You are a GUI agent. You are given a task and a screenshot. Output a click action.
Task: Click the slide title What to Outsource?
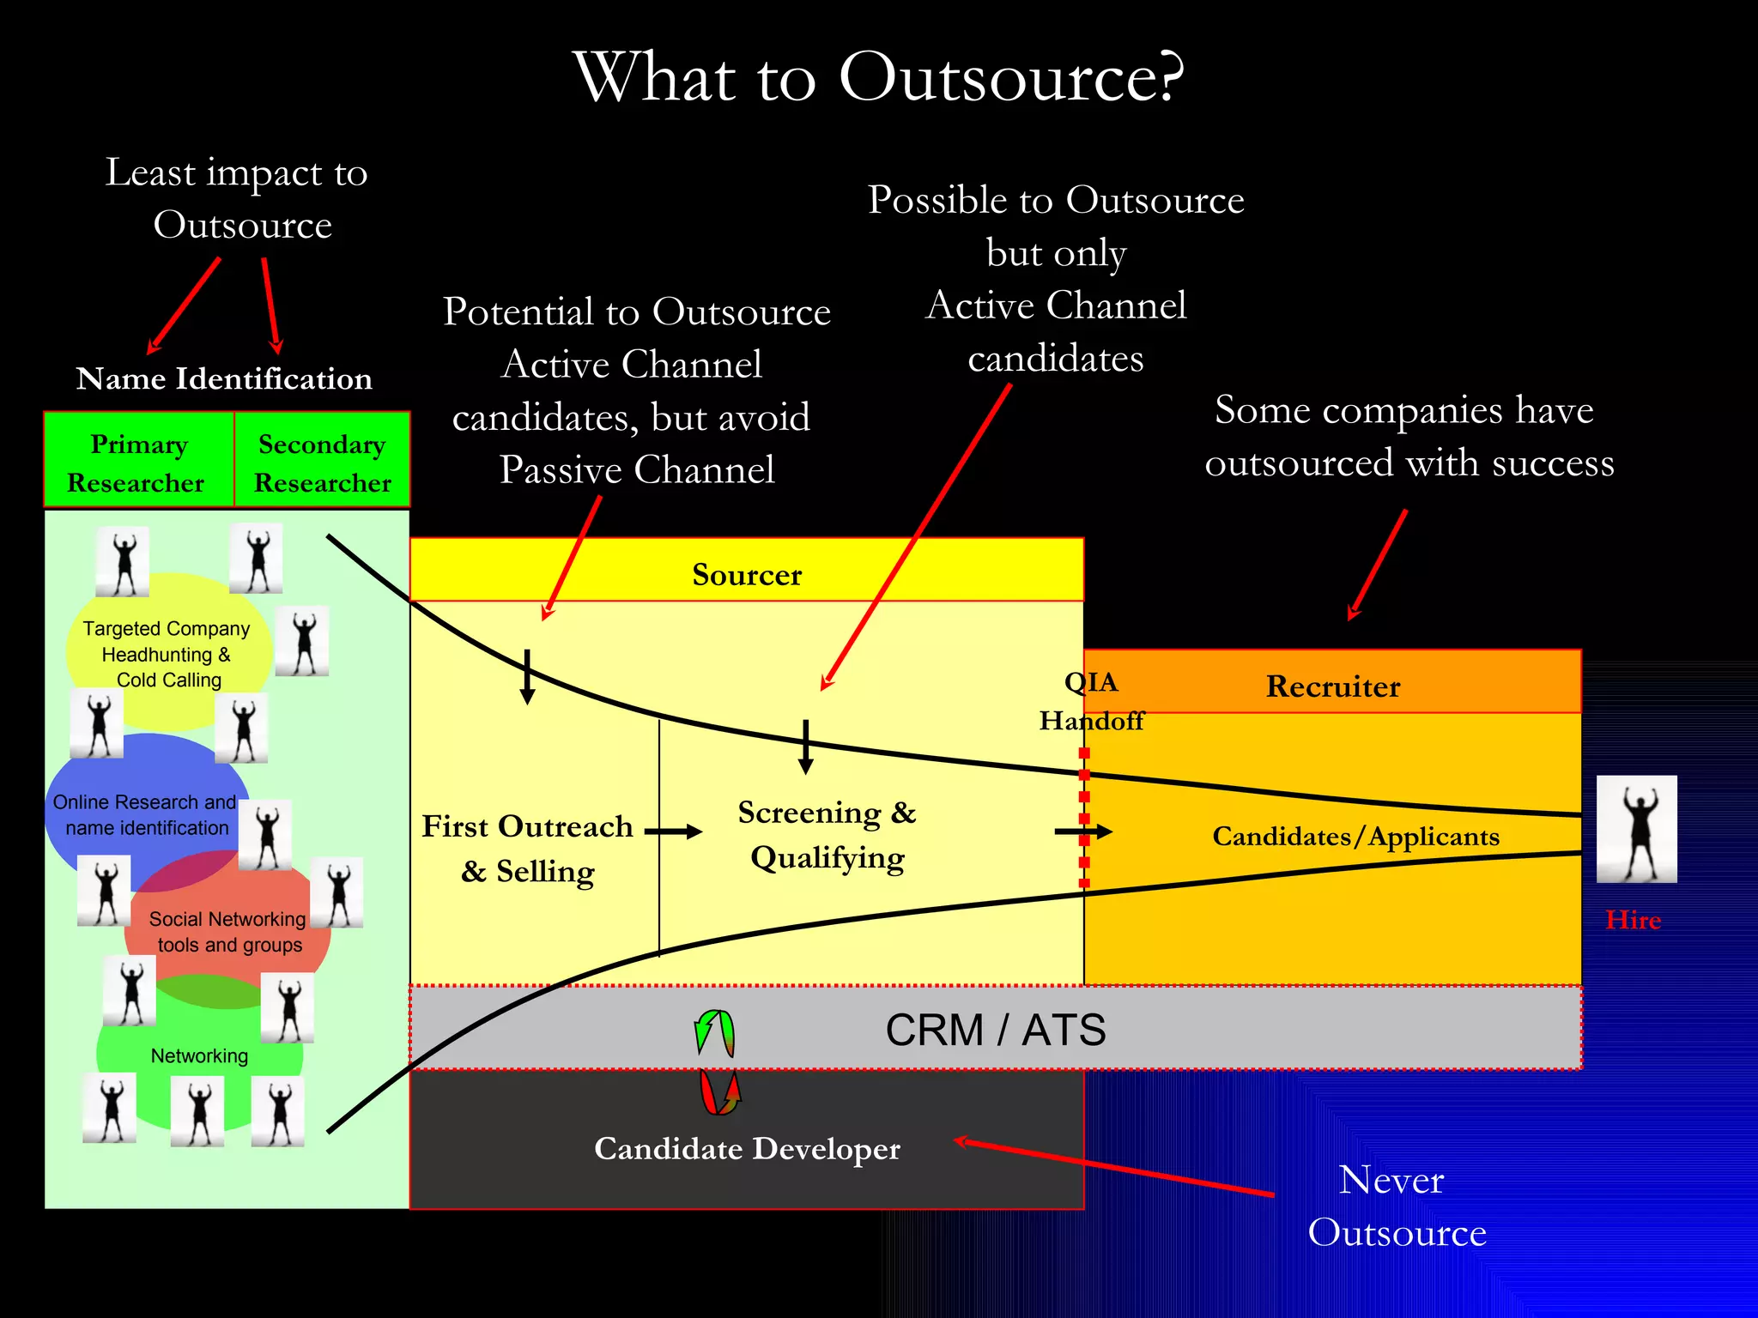click(x=879, y=77)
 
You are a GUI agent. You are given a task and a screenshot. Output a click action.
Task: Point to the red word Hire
click(x=1633, y=920)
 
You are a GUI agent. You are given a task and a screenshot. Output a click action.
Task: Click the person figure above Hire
click(x=1636, y=829)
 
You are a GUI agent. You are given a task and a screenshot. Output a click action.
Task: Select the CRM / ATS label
click(x=995, y=1030)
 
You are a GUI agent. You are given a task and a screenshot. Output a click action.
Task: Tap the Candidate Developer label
click(x=747, y=1148)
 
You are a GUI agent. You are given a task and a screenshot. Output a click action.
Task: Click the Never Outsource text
click(x=1396, y=1206)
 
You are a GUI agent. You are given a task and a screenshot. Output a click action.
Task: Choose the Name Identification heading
click(x=224, y=378)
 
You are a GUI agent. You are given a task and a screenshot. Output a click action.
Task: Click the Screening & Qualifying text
click(x=827, y=835)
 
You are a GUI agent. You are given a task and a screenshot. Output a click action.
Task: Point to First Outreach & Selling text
click(x=527, y=849)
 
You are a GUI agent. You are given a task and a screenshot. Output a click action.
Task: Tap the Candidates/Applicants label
click(x=1355, y=836)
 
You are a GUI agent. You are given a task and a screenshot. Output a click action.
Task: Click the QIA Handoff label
click(x=1091, y=701)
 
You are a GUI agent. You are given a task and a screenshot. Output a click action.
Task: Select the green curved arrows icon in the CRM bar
click(x=714, y=1033)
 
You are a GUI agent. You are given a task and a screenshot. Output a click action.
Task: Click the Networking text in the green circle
click(x=199, y=1056)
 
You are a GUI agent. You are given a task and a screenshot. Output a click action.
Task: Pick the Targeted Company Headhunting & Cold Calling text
click(x=167, y=654)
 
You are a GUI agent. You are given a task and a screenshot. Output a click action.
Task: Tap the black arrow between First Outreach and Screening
click(x=673, y=831)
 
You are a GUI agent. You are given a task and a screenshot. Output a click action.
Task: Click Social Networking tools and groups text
click(x=228, y=932)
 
